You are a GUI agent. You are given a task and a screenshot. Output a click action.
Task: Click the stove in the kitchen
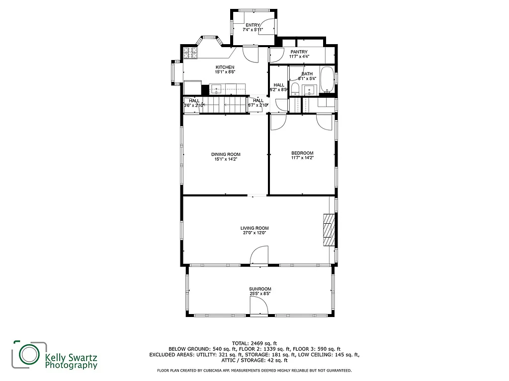pos(190,53)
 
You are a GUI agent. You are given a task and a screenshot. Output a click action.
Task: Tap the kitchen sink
pos(217,89)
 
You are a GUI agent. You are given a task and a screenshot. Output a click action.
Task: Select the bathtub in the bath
pos(327,80)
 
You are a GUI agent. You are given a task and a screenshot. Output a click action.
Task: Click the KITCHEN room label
pos(225,67)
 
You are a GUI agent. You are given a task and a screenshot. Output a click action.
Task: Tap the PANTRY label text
pos(299,52)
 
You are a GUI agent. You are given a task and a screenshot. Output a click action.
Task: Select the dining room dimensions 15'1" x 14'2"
pos(226,159)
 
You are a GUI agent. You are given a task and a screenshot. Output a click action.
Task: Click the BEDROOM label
pos(302,153)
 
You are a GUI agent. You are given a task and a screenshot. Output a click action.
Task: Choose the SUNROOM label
pos(260,289)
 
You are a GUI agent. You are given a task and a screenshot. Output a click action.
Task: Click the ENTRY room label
pos(253,25)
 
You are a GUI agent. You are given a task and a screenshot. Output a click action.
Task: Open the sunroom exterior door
pos(259,308)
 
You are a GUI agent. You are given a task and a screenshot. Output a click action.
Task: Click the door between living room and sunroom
pos(259,257)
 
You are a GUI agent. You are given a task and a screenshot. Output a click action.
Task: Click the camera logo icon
pos(29,355)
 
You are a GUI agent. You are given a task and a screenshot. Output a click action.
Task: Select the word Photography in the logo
pos(71,366)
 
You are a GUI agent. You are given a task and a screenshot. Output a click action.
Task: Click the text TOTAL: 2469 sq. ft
pos(254,343)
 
